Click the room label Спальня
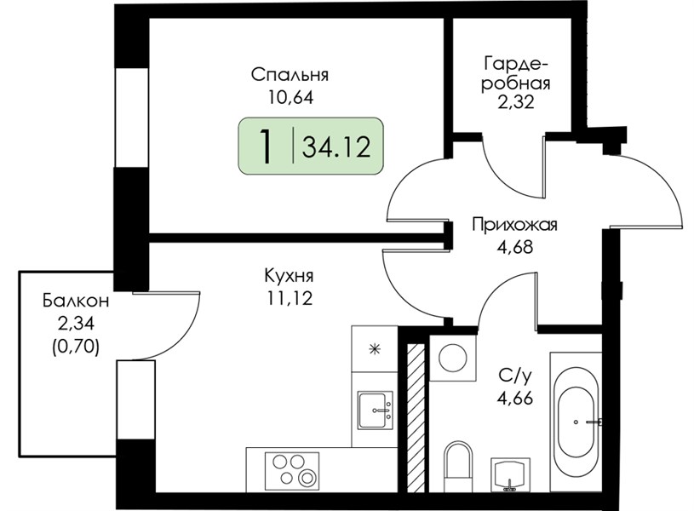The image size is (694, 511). tap(290, 75)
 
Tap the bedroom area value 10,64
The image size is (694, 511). tap(290, 97)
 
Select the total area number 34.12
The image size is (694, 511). tap(336, 147)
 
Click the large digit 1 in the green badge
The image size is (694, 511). tap(266, 146)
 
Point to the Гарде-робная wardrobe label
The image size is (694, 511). tap(516, 73)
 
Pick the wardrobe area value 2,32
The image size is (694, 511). tap(517, 102)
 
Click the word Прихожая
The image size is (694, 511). tap(514, 225)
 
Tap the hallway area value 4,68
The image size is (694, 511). tap(514, 246)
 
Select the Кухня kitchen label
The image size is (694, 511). tap(289, 276)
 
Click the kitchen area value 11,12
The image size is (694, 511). tap(290, 298)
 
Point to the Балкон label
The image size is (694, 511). tap(76, 301)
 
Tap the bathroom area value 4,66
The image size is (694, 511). tap(514, 398)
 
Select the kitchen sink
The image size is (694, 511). tap(376, 410)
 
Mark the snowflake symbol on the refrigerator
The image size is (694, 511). tap(376, 349)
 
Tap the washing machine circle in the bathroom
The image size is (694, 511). tap(454, 358)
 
